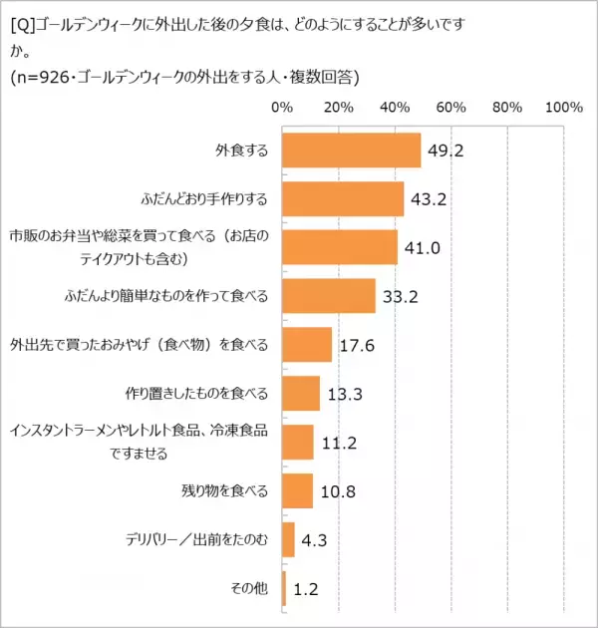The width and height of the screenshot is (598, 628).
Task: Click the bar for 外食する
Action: coord(351,152)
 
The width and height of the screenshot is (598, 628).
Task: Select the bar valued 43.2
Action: coord(343,199)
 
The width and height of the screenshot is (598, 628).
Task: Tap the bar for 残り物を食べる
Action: coord(297,490)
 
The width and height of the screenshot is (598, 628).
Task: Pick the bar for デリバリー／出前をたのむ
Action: coord(288,539)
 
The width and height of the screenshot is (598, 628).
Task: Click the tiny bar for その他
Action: coord(284,588)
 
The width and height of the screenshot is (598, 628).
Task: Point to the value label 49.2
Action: coord(447,152)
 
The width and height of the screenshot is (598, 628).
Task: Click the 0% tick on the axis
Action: coord(282,107)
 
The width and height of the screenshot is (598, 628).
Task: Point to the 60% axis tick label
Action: coord(451,107)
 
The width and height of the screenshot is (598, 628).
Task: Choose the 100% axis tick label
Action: coord(563,107)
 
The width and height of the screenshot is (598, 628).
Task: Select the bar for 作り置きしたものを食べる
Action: coord(301,394)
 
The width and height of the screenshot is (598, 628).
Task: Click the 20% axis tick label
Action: coord(339,107)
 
